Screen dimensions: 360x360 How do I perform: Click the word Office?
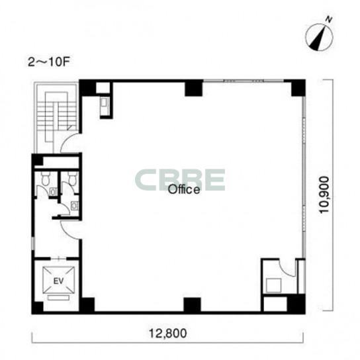click(184, 190)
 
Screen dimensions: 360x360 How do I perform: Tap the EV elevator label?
click(58, 281)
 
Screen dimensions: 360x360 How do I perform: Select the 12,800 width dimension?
click(168, 334)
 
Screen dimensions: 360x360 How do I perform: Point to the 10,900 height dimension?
click(325, 195)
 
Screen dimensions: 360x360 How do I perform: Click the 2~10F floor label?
click(49, 62)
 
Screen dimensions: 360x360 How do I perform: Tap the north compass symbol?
click(319, 37)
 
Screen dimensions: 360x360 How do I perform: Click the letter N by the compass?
click(329, 20)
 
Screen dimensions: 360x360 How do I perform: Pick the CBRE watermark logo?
click(180, 180)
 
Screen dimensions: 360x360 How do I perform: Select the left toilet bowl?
click(45, 179)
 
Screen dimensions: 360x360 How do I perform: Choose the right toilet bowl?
click(73, 179)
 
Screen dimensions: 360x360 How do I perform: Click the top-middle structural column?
click(194, 88)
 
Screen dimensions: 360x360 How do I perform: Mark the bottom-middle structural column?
click(193, 305)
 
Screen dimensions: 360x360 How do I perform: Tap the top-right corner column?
click(298, 88)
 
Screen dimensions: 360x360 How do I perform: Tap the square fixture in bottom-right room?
click(274, 285)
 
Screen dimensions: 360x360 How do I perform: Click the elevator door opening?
click(58, 259)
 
